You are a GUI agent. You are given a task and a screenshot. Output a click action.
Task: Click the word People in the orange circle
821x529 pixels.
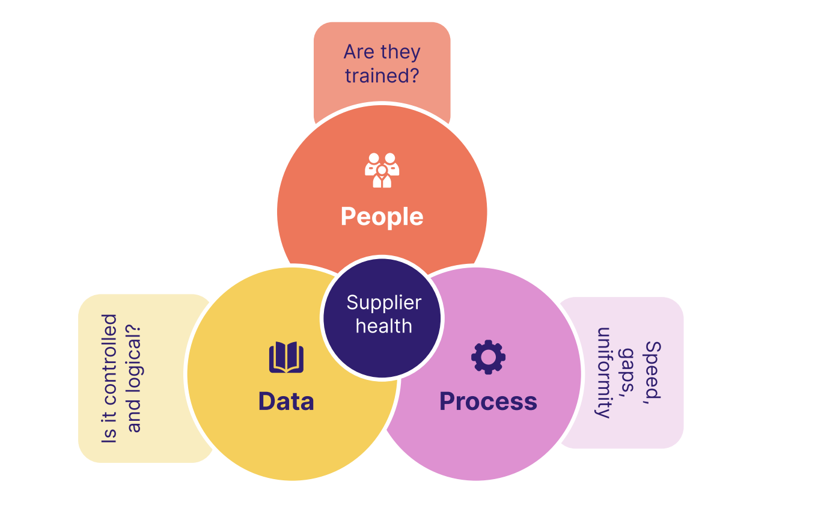point(382,216)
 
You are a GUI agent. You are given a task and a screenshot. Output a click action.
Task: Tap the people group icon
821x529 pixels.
point(382,171)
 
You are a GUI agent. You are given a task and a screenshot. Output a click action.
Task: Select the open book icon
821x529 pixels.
point(286,357)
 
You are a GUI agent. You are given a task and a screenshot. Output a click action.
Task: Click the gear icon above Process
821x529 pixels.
point(488,357)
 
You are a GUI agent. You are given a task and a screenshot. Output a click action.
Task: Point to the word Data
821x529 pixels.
point(286,401)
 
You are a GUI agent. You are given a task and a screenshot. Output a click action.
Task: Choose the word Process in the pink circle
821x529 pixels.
point(488,401)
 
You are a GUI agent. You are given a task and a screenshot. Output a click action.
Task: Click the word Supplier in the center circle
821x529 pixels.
point(383,302)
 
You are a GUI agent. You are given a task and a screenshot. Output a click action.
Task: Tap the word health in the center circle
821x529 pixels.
point(383,326)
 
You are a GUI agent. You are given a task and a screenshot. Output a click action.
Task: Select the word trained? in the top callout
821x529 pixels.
point(382,76)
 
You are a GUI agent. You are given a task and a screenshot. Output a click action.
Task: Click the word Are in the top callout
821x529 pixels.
point(359,52)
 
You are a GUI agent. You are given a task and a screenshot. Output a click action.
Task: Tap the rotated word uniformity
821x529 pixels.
point(603,373)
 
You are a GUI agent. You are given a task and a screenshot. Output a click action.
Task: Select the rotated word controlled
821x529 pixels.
point(109,354)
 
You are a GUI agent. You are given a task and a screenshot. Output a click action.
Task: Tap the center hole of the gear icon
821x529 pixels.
point(488,357)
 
